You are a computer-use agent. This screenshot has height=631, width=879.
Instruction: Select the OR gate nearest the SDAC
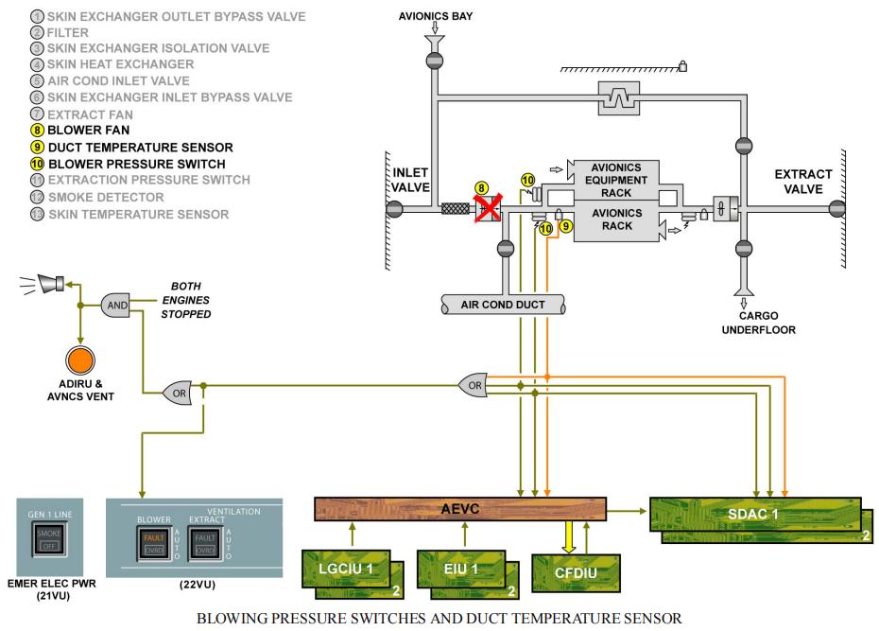tap(473, 384)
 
